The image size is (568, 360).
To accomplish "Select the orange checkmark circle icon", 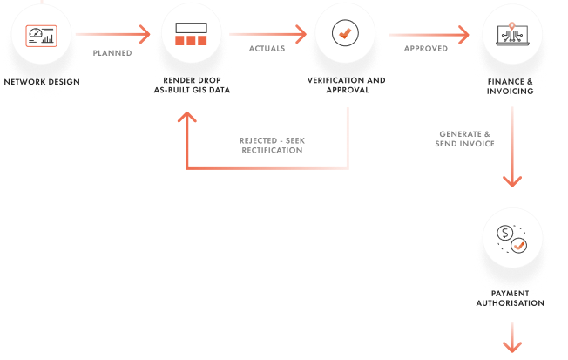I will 346,34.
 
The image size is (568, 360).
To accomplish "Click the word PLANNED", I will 112,52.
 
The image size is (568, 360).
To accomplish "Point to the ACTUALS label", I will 267,49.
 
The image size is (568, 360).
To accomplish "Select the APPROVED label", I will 425,49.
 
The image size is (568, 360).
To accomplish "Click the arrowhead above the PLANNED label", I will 144,35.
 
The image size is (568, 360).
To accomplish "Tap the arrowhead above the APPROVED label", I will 466,36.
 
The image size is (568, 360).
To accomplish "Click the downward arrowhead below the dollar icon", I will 512,346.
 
